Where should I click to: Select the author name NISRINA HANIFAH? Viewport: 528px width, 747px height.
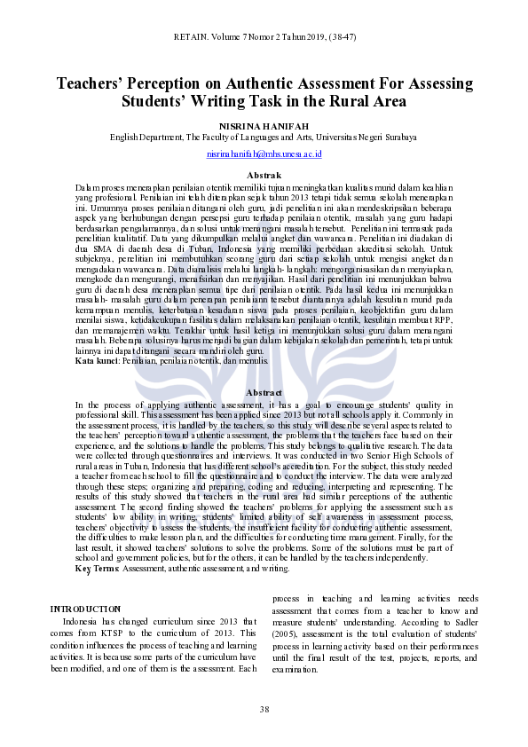point(264,125)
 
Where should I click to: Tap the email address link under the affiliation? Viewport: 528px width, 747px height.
point(264,153)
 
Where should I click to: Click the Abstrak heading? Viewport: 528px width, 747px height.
point(264,176)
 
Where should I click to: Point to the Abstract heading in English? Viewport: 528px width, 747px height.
point(264,417)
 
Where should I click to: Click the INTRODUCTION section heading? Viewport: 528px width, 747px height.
point(85,609)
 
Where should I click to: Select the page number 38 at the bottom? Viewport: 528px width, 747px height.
point(264,709)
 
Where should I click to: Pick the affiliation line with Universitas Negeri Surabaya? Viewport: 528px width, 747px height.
point(264,138)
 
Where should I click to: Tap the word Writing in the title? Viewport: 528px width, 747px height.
point(233,102)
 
